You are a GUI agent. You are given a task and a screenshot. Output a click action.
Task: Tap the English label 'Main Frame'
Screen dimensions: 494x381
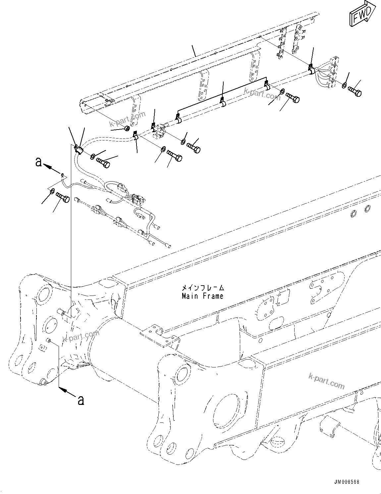tap(203, 296)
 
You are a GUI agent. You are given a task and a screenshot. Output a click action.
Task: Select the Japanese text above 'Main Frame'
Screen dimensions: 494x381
tap(203, 288)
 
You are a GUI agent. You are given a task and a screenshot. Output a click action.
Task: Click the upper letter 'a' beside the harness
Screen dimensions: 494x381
tap(39, 162)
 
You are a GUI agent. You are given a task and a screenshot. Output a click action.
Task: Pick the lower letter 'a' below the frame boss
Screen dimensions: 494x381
tap(80, 400)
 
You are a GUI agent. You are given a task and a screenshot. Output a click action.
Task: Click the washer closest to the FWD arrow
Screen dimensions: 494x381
tap(345, 86)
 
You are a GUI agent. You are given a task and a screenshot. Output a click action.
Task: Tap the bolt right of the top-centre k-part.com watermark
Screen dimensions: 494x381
tap(293, 97)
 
